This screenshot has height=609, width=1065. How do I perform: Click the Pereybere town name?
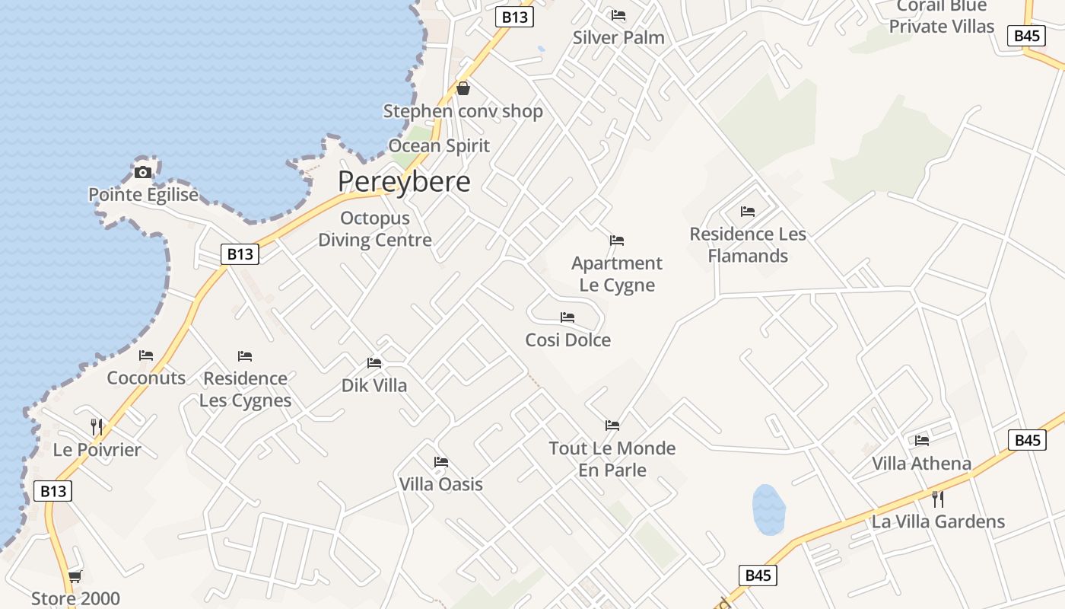404,182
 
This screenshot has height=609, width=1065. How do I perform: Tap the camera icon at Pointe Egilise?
142,172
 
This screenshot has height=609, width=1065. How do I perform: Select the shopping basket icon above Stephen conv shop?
463,88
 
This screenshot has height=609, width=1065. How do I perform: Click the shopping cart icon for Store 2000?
75,576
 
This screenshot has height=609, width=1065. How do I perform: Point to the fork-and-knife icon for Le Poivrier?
96,426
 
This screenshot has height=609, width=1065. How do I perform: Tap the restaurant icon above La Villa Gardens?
938,499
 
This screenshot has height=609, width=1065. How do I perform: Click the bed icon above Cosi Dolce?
567,317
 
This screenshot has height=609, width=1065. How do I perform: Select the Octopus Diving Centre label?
375,229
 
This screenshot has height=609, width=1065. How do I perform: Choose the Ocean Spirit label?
439,145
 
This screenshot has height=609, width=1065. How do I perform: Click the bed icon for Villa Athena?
922,440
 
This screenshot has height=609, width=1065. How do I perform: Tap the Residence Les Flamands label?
748,244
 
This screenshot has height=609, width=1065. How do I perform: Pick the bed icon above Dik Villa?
374,363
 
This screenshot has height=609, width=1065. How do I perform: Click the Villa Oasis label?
441,484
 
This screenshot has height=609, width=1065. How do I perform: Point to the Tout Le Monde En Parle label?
612,458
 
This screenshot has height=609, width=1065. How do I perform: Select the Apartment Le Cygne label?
617,274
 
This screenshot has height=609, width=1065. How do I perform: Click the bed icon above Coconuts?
146,356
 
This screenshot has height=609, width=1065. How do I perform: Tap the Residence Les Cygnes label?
246,389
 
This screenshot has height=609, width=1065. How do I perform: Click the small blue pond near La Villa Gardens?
768,509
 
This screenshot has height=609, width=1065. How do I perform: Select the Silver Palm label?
618,37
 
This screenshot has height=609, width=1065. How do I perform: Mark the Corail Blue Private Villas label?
942,17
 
